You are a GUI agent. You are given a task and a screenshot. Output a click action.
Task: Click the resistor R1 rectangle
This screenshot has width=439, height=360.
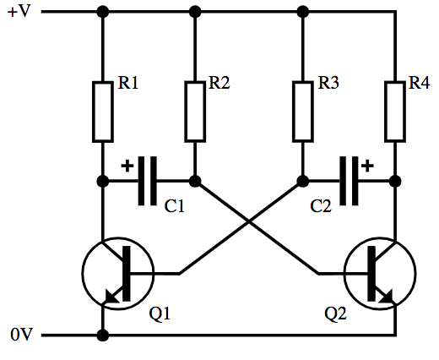pyautogui.click(x=103, y=112)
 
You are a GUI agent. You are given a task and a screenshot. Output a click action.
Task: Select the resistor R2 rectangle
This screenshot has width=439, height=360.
pyautogui.click(x=195, y=112)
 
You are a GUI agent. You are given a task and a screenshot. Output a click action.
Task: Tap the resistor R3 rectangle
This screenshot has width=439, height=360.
pyautogui.click(x=303, y=112)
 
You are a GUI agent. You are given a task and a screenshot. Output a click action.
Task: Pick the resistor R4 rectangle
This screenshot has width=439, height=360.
pyautogui.click(x=395, y=112)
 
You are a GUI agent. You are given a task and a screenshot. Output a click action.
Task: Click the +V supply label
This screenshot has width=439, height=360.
pyautogui.click(x=19, y=12)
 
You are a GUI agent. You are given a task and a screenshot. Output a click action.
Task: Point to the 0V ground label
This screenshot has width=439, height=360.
pyautogui.click(x=22, y=335)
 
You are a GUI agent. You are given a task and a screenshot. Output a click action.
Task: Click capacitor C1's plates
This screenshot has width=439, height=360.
pyautogui.click(x=148, y=181)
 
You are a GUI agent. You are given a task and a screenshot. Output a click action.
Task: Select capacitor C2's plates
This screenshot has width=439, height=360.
pyautogui.click(x=349, y=181)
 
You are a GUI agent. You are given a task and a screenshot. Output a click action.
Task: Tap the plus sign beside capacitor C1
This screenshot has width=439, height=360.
pyautogui.click(x=127, y=166)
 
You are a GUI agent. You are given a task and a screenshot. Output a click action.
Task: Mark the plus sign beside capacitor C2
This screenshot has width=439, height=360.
pyautogui.click(x=367, y=166)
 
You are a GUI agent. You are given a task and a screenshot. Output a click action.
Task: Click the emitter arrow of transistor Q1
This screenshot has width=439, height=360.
pyautogui.click(x=111, y=297)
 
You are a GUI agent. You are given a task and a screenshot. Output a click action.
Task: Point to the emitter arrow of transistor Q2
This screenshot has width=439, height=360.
pyautogui.click(x=386, y=297)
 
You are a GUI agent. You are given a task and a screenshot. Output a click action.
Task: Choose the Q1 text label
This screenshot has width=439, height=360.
pyautogui.click(x=160, y=314)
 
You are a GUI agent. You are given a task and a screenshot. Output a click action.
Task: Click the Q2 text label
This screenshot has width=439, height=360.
pyautogui.click(x=335, y=314)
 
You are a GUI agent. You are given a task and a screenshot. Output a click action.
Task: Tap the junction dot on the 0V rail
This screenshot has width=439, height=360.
pyautogui.click(x=103, y=335)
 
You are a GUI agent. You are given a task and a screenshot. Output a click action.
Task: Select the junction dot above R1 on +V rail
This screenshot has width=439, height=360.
pyautogui.click(x=103, y=12)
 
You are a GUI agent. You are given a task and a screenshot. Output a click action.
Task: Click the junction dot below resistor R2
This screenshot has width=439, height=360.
pyautogui.click(x=195, y=181)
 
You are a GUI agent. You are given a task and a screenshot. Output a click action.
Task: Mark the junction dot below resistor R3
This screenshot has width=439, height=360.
pyautogui.click(x=303, y=181)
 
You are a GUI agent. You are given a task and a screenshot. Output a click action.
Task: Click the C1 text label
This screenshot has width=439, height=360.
pyautogui.click(x=174, y=206)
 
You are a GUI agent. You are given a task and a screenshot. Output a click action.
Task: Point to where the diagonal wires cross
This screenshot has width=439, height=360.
pyautogui.click(x=249, y=222)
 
